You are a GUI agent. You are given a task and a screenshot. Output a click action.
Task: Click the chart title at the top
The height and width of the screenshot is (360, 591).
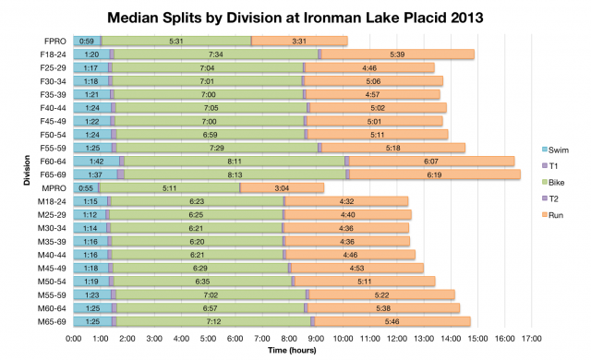coord(295,17)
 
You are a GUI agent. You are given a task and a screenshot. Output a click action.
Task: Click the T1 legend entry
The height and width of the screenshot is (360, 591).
coord(556,166)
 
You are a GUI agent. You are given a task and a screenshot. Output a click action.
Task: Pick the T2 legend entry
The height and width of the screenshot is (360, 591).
coord(556,198)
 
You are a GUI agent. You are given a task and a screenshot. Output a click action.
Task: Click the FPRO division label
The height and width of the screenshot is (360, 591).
coord(54,41)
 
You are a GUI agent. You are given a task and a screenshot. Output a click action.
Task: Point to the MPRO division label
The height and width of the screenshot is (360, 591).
coord(54,187)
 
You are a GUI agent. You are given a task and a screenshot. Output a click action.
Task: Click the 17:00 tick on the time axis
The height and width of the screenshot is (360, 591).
coord(531,339)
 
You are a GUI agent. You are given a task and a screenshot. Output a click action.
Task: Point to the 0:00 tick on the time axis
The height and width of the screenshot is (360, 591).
coord(74,339)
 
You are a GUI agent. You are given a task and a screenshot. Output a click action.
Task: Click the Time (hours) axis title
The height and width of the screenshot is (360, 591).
coord(303,351)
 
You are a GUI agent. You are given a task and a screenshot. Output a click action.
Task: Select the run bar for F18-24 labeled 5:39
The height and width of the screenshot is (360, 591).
coord(397,54)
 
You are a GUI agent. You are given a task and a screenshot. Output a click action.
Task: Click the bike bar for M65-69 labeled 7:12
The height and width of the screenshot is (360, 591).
coord(213,321)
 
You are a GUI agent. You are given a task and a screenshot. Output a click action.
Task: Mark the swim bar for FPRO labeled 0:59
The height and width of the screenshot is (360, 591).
coord(87,41)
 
